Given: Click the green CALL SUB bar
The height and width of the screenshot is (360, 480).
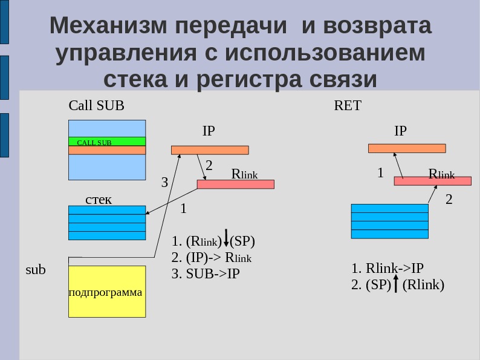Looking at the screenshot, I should pyautogui.click(x=107, y=142).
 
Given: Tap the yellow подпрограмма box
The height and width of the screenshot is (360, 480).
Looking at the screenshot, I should pyautogui.click(x=107, y=292).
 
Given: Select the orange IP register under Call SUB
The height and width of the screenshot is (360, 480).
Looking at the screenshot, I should pyautogui.click(x=210, y=150).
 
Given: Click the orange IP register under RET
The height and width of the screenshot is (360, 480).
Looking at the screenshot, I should pyautogui.click(x=407, y=148).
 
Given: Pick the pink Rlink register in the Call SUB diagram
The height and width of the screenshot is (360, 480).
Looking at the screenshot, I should pyautogui.click(x=235, y=184).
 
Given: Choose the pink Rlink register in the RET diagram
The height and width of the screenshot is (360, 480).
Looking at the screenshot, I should pyautogui.click(x=432, y=181).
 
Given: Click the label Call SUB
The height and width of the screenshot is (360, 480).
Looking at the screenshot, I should pyautogui.click(x=97, y=106).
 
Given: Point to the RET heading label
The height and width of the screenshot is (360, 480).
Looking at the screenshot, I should pyautogui.click(x=348, y=106).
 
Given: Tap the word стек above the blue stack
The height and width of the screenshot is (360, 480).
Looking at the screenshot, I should pyautogui.click(x=99, y=199).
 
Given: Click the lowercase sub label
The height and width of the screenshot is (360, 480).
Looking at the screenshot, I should pyautogui.click(x=36, y=270).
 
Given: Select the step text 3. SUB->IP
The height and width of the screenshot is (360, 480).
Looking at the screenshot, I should pyautogui.click(x=206, y=273).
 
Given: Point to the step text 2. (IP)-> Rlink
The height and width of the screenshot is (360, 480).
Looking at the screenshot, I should pyautogui.click(x=212, y=258).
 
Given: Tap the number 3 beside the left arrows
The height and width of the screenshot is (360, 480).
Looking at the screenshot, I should pyautogui.click(x=164, y=182).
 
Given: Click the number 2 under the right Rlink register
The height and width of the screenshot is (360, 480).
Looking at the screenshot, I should pyautogui.click(x=449, y=199).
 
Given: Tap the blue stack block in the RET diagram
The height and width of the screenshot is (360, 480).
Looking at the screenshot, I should pyautogui.click(x=389, y=221).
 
